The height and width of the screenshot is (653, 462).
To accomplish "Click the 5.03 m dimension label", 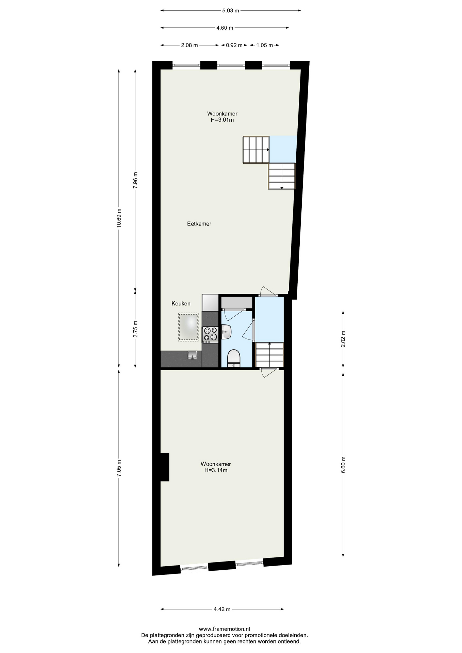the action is click(x=231, y=11).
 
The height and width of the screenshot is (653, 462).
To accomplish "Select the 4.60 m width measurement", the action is click(x=225, y=28).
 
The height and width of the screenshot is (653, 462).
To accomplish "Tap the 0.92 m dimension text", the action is click(x=234, y=45).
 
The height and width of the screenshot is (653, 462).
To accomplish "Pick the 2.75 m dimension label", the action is click(x=135, y=329).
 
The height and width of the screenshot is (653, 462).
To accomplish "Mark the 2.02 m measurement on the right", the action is click(x=343, y=339).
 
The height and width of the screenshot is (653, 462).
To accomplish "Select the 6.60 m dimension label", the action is click(x=343, y=464).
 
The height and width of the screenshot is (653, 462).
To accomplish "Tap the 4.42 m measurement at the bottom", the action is click(x=222, y=609).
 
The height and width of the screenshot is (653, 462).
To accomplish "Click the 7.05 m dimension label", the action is click(x=119, y=468).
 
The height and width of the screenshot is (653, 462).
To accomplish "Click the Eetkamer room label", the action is click(x=199, y=224).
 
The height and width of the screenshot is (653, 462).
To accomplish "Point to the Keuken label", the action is click(x=181, y=303).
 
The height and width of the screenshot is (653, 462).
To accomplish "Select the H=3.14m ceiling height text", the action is click(x=216, y=470).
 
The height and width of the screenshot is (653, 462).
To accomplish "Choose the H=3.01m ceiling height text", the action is click(x=222, y=120).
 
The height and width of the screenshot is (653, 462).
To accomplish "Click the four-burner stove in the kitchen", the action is click(x=211, y=334).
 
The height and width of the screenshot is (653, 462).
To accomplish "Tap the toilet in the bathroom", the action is click(x=233, y=358).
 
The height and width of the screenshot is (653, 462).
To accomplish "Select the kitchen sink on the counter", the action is click(x=192, y=355).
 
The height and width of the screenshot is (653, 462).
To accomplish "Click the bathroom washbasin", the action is click(x=226, y=331).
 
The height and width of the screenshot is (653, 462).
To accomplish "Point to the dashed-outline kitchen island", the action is click(x=188, y=327).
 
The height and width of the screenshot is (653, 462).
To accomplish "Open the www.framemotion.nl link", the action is click(x=225, y=629).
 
